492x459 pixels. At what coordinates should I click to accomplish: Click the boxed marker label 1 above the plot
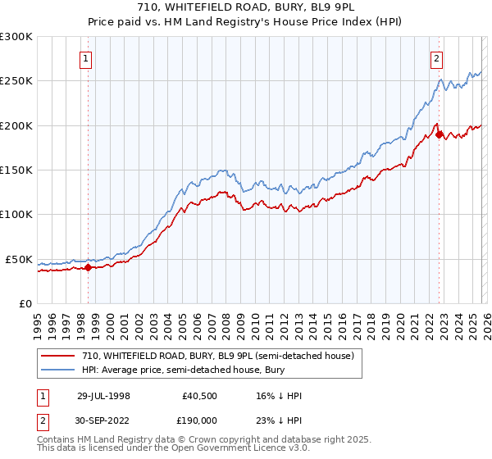click(x=87, y=58)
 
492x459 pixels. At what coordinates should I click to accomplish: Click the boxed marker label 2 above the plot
click(x=437, y=58)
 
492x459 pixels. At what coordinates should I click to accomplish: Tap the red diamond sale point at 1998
click(x=89, y=266)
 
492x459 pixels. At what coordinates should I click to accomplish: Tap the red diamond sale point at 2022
click(x=439, y=134)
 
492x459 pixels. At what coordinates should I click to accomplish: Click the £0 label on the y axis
click(x=26, y=303)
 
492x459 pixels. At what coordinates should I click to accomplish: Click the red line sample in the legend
click(x=59, y=356)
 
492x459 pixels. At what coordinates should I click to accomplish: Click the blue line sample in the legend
click(x=59, y=370)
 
